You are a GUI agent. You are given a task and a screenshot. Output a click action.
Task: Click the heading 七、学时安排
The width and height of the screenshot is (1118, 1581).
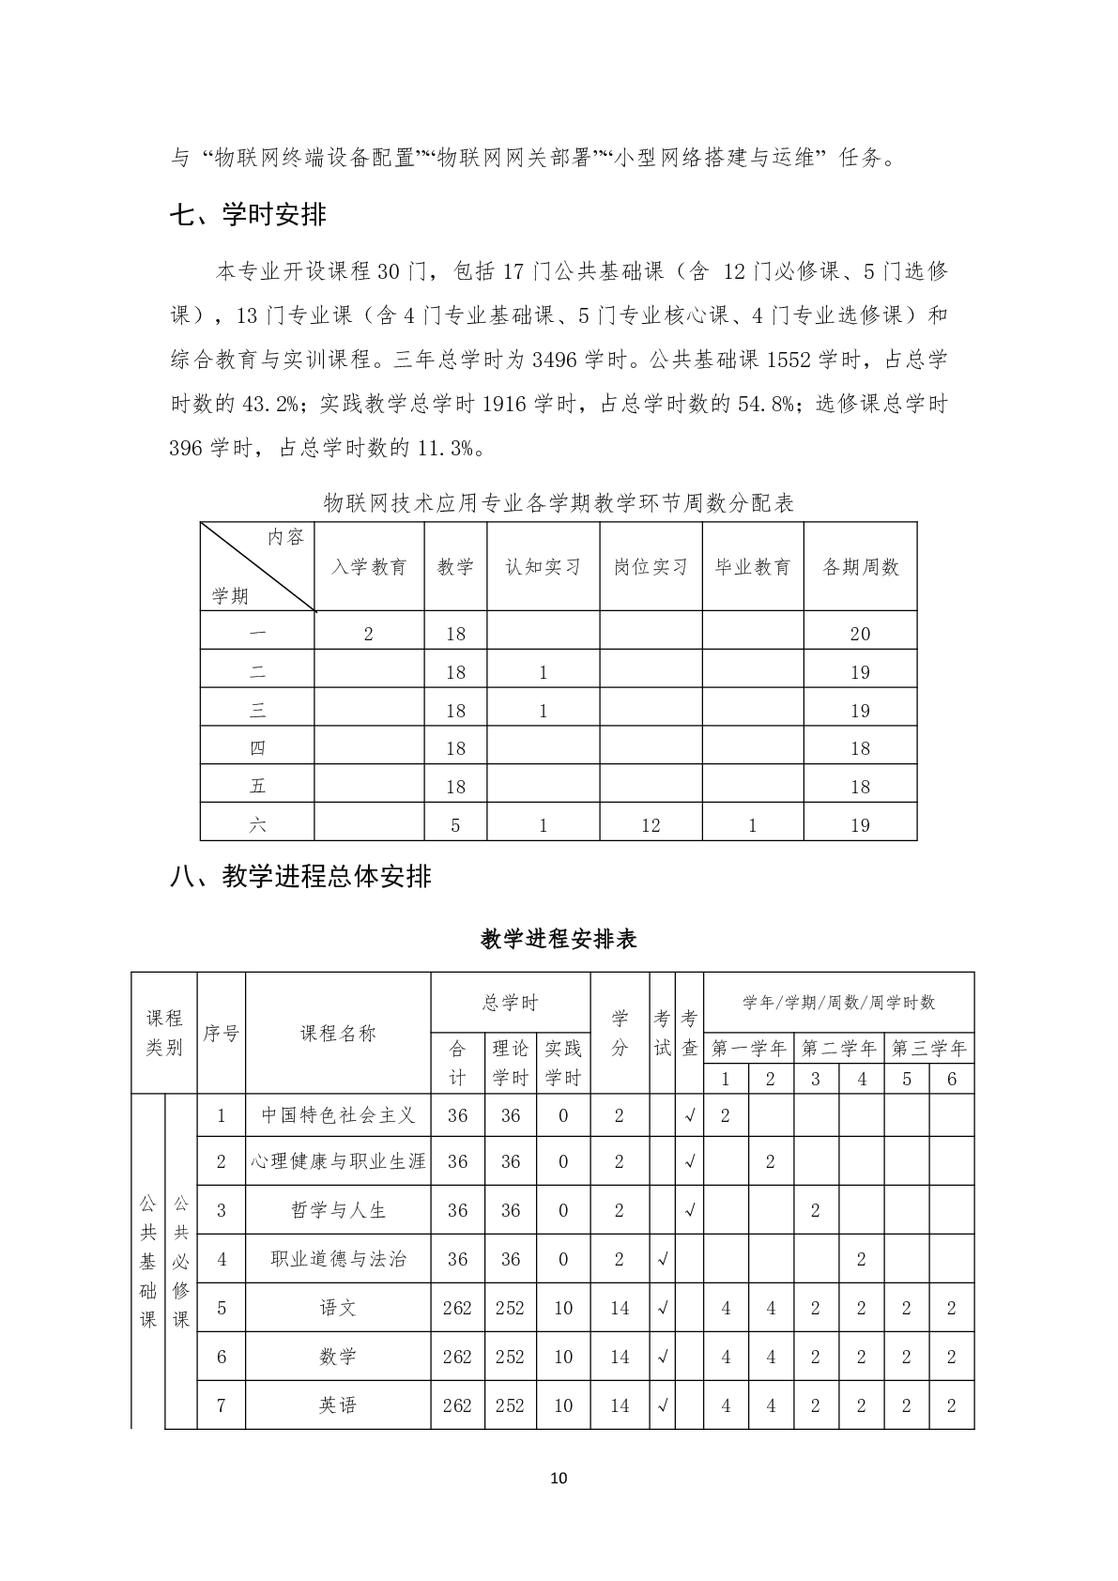[x=248, y=215]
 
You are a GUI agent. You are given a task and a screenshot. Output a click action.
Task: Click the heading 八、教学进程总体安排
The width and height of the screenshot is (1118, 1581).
[x=300, y=876]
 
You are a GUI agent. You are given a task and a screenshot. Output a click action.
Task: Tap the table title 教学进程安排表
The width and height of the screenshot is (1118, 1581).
[x=559, y=939]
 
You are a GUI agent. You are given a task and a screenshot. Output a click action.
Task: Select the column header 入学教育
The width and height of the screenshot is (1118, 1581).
[x=369, y=567]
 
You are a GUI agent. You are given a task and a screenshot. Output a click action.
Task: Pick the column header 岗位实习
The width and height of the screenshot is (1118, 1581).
[x=651, y=567]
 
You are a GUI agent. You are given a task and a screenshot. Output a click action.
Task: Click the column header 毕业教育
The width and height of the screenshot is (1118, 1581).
[x=753, y=567]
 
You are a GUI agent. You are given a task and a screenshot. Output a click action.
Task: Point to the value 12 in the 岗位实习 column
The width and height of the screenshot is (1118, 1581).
[x=651, y=825]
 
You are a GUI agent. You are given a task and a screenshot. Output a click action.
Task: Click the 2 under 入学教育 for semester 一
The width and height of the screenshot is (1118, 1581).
[x=369, y=634]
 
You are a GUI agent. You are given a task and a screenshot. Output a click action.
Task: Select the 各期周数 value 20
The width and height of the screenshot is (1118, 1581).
[x=860, y=634]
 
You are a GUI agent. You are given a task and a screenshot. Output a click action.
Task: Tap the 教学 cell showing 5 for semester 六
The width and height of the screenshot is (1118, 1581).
[x=455, y=825]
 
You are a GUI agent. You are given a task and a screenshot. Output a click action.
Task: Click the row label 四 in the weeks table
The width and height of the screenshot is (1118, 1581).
[x=257, y=748]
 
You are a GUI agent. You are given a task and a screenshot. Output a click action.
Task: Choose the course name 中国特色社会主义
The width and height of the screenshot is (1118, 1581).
[x=338, y=1115]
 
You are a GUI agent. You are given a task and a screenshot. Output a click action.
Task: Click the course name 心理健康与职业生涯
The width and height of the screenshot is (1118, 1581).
[x=338, y=1161]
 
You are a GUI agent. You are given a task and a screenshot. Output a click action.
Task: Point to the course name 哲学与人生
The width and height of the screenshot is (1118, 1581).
[x=338, y=1210]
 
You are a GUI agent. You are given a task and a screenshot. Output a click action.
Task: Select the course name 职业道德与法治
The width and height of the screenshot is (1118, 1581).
[x=338, y=1259]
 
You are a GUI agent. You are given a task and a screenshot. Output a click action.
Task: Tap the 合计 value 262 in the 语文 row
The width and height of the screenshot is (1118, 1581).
[x=457, y=1308]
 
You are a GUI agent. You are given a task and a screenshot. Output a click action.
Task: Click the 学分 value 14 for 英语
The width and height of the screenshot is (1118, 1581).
[x=620, y=1405]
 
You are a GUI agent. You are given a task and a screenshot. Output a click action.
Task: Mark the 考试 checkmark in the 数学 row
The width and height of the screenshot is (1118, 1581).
[x=663, y=1357]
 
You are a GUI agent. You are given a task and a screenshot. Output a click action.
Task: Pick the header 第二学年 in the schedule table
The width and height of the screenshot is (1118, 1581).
[x=838, y=1048]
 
